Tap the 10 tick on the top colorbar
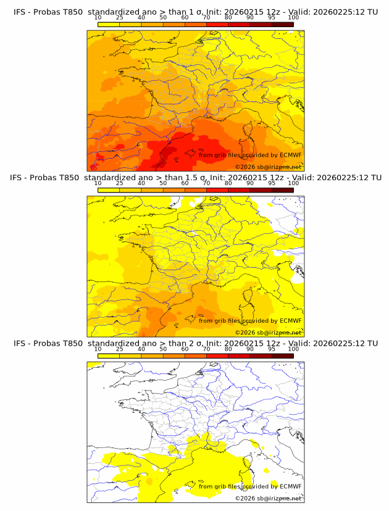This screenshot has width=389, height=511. click(98, 18)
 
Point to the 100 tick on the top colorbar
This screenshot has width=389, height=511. click(293, 18)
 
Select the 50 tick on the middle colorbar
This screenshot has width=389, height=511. click(163, 183)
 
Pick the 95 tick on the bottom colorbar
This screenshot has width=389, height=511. click(272, 349)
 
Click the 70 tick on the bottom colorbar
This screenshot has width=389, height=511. click(206, 349)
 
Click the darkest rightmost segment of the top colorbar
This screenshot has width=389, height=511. click(282, 24)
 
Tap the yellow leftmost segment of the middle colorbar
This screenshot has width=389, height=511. click(109, 189)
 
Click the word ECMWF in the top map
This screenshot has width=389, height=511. click(291, 155)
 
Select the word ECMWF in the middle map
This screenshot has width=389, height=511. click(291, 321)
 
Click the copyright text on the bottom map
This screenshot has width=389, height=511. click(269, 498)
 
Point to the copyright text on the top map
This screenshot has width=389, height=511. click(269, 167)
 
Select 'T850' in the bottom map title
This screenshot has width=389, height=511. click(72, 343)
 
